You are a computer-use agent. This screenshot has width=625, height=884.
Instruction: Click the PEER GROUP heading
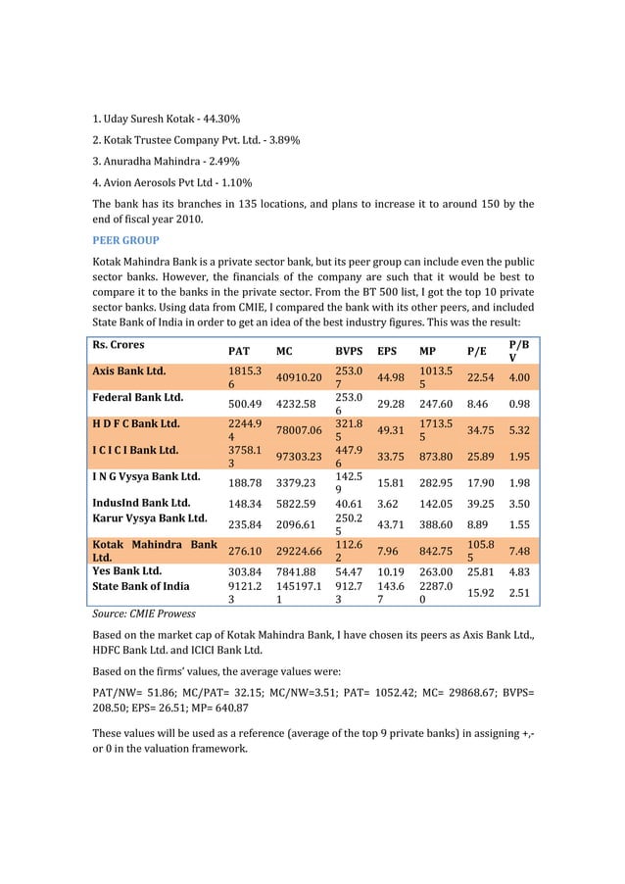coord(125,239)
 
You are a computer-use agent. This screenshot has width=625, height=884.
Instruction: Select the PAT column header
coord(238,350)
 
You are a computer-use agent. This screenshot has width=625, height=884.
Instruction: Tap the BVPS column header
coord(350,350)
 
